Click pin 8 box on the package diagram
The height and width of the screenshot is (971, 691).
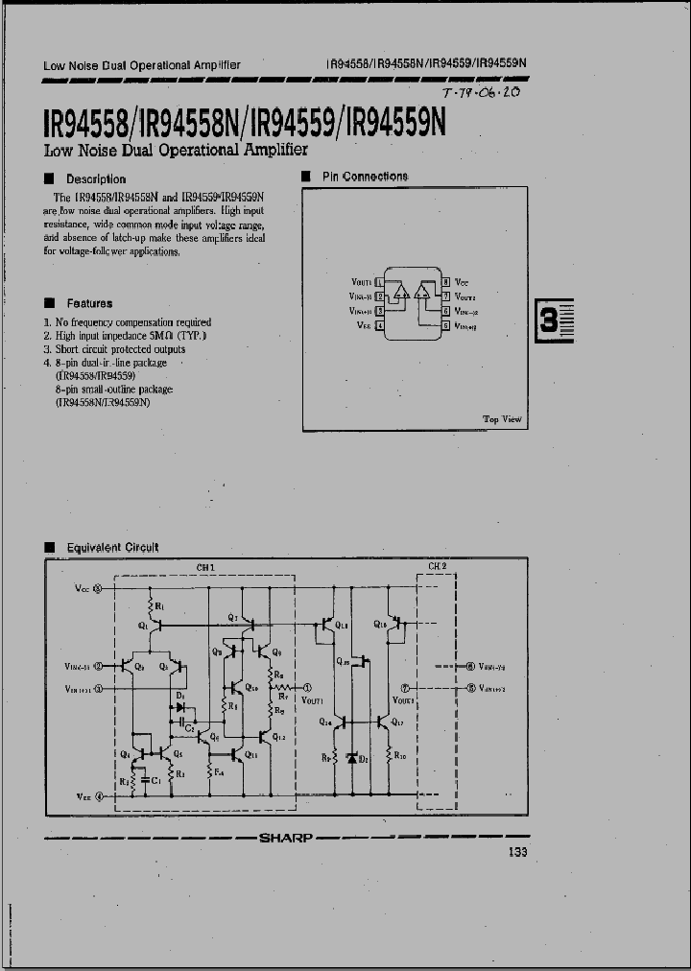tap(445, 282)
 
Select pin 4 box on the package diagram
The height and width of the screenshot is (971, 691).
tap(379, 326)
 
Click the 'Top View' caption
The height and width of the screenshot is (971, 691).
tap(502, 419)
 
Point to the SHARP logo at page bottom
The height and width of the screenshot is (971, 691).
tap(285, 838)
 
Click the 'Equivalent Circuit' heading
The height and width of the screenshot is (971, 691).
tap(112, 548)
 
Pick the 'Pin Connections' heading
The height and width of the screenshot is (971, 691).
tap(365, 177)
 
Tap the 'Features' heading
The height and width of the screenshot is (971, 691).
tap(89, 303)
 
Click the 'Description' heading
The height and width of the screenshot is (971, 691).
tap(95, 178)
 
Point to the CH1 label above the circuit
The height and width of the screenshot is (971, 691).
tap(205, 567)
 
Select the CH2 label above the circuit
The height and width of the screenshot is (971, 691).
tap(437, 566)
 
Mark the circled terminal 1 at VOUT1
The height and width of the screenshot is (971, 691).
tap(307, 687)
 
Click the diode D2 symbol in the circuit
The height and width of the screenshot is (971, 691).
tap(351, 758)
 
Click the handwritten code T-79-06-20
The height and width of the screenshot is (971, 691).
tap(482, 94)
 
